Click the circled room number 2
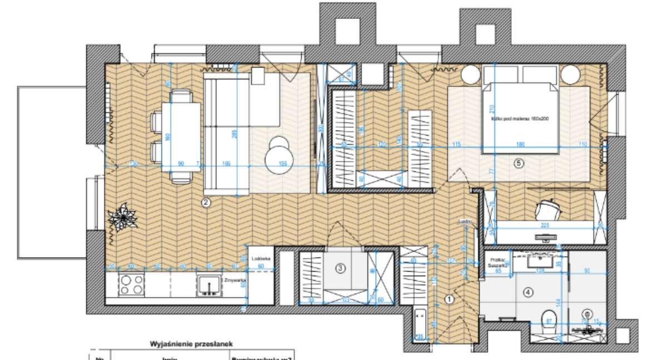206,203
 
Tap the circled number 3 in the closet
341,268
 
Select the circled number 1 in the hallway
450,299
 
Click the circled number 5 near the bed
519,163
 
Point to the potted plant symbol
122,218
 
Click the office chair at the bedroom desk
547,210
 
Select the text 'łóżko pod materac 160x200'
524,119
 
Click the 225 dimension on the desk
545,226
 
